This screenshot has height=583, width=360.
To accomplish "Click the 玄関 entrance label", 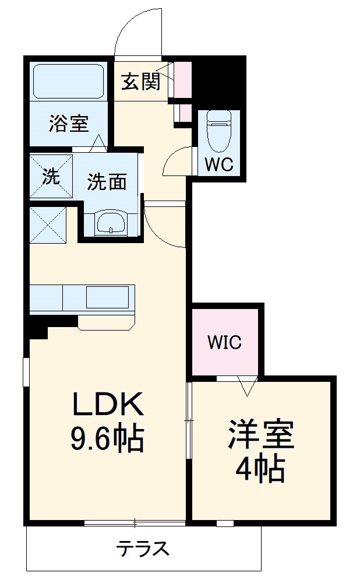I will [140, 82].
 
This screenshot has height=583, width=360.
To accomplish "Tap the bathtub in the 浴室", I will [68, 81].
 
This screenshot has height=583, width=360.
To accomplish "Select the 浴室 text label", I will [68, 123].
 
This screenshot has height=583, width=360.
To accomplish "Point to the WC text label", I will [218, 165].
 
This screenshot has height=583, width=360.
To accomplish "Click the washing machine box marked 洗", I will [51, 176].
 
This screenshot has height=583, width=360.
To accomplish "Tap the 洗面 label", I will [107, 182].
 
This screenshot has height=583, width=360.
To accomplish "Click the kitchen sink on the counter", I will [108, 297].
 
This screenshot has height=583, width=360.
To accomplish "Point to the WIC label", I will [225, 342].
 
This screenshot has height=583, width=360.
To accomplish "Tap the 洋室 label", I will [262, 434].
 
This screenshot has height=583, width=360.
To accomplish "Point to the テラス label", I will [143, 549].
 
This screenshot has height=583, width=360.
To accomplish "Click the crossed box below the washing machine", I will [48, 224].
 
